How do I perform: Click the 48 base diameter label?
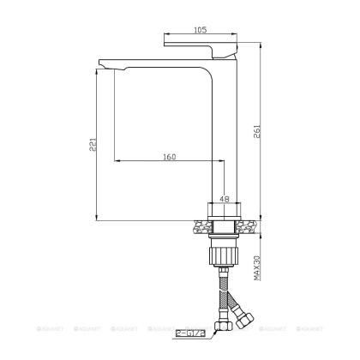tap(225, 198)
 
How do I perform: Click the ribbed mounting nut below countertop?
tap(225, 254)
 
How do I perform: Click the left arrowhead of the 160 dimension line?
tap(116, 160)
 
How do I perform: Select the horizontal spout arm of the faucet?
tap(163, 63)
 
